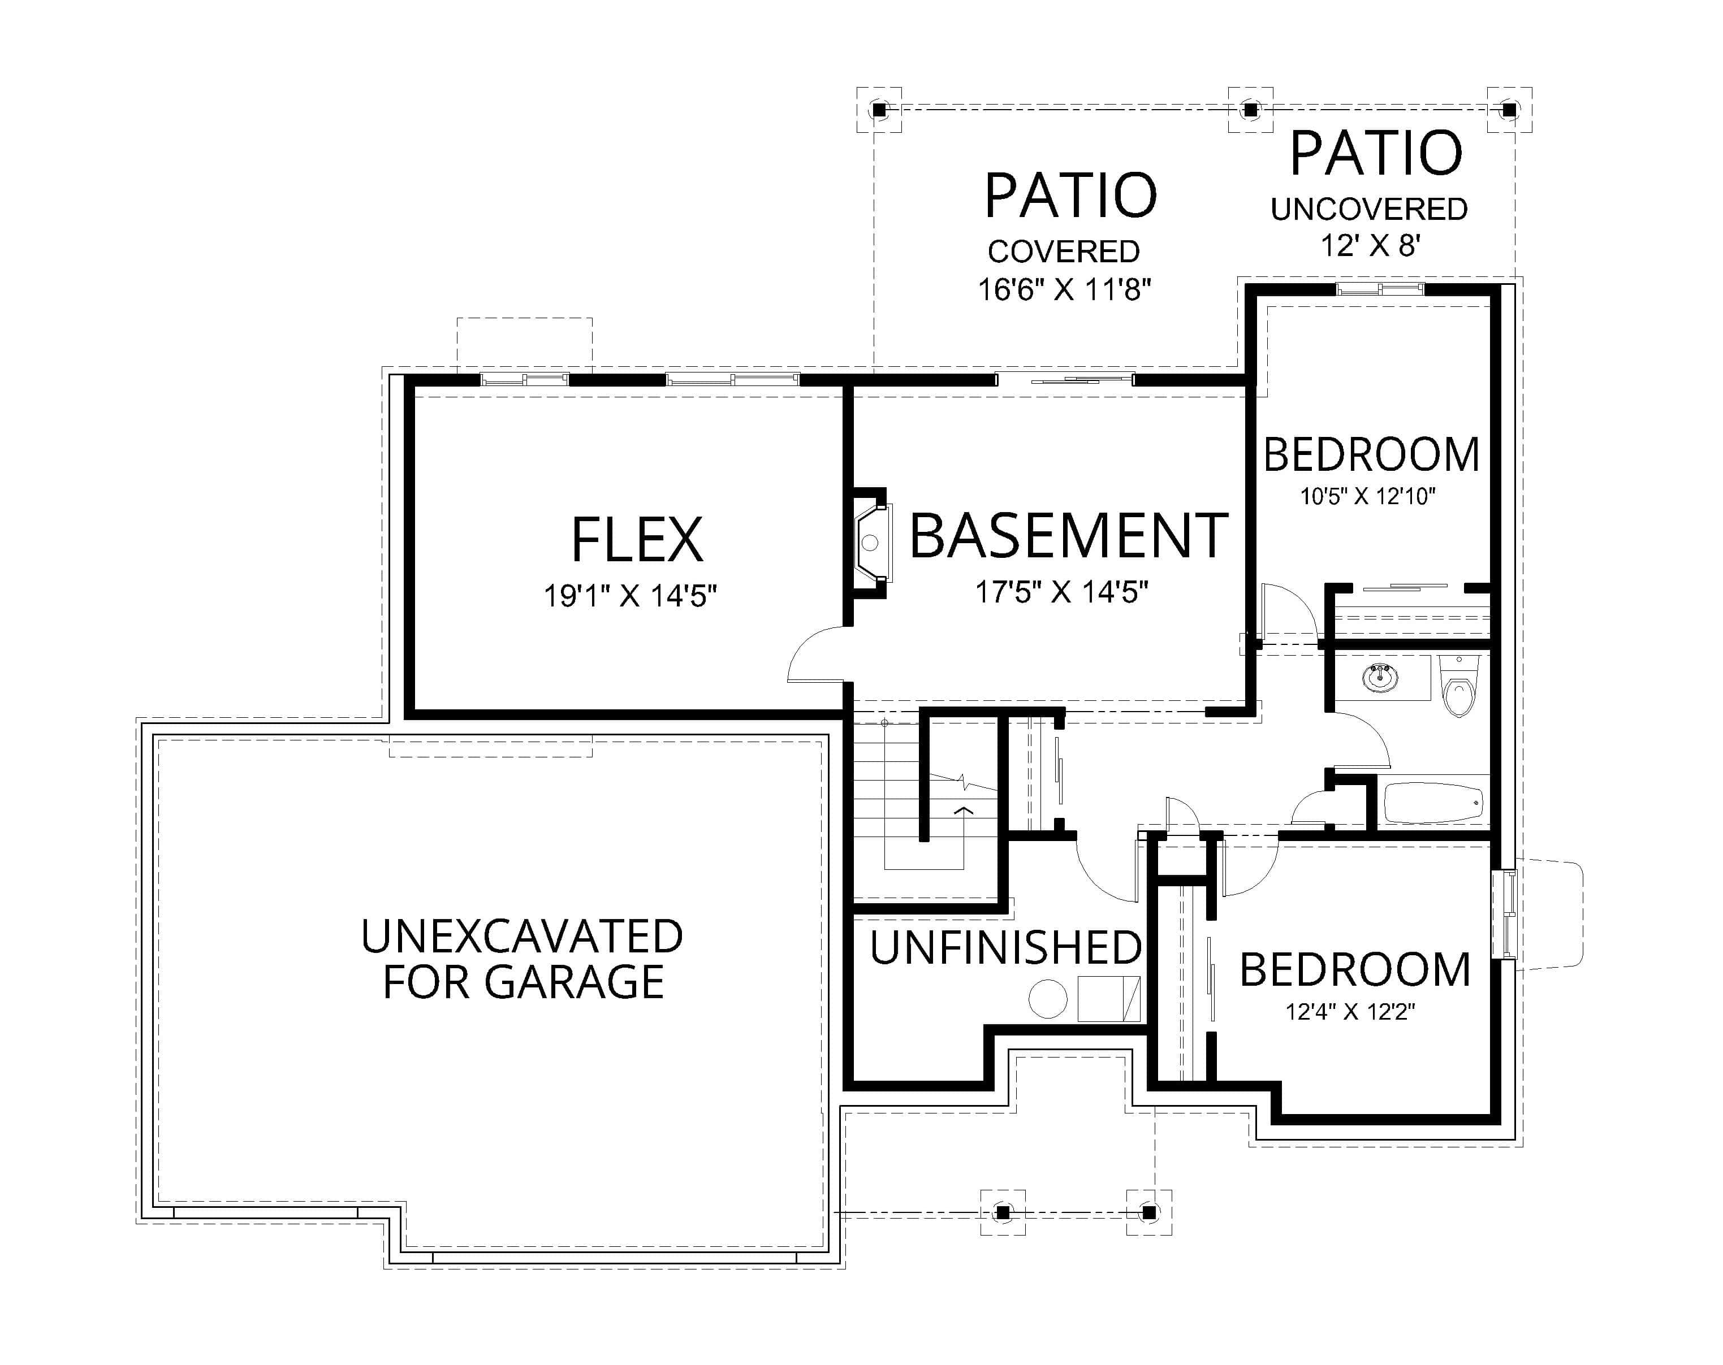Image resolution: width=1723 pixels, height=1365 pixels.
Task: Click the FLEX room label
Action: (637, 541)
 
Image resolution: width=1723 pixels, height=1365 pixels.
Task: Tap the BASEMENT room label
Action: (1069, 537)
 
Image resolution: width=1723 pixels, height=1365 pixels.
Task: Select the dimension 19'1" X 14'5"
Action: (630, 596)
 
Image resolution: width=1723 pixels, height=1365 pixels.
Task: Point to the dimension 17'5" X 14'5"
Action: (1061, 592)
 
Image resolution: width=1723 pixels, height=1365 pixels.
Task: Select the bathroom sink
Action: (1380, 679)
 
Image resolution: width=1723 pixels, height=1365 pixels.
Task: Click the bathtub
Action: (1433, 803)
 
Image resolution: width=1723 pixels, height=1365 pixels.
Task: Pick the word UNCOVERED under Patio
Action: (1369, 209)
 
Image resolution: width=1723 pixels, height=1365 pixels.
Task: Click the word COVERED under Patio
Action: (1064, 252)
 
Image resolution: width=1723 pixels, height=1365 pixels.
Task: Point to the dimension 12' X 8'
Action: (1369, 245)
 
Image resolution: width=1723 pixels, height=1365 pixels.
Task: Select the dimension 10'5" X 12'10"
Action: (1367, 496)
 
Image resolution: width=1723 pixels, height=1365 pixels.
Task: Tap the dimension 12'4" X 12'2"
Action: (1350, 1012)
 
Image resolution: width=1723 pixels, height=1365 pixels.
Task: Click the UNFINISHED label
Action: (1005, 948)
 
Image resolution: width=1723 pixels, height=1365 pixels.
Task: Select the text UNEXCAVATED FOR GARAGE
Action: (522, 959)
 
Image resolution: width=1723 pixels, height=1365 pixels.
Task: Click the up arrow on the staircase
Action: (964, 812)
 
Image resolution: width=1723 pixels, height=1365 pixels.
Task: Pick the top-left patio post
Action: (879, 110)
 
